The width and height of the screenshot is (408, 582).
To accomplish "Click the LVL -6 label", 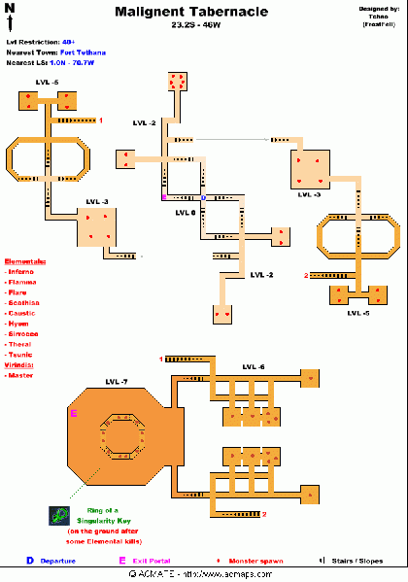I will point(253,366).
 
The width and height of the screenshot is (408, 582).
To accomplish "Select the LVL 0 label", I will point(186,211).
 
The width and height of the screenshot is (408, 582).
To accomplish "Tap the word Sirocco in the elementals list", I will point(23,334).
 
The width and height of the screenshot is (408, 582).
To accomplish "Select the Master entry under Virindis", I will point(21,375).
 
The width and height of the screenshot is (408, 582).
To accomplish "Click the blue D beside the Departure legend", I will point(30,561).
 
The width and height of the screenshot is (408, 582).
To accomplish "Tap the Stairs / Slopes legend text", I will point(361,561).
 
